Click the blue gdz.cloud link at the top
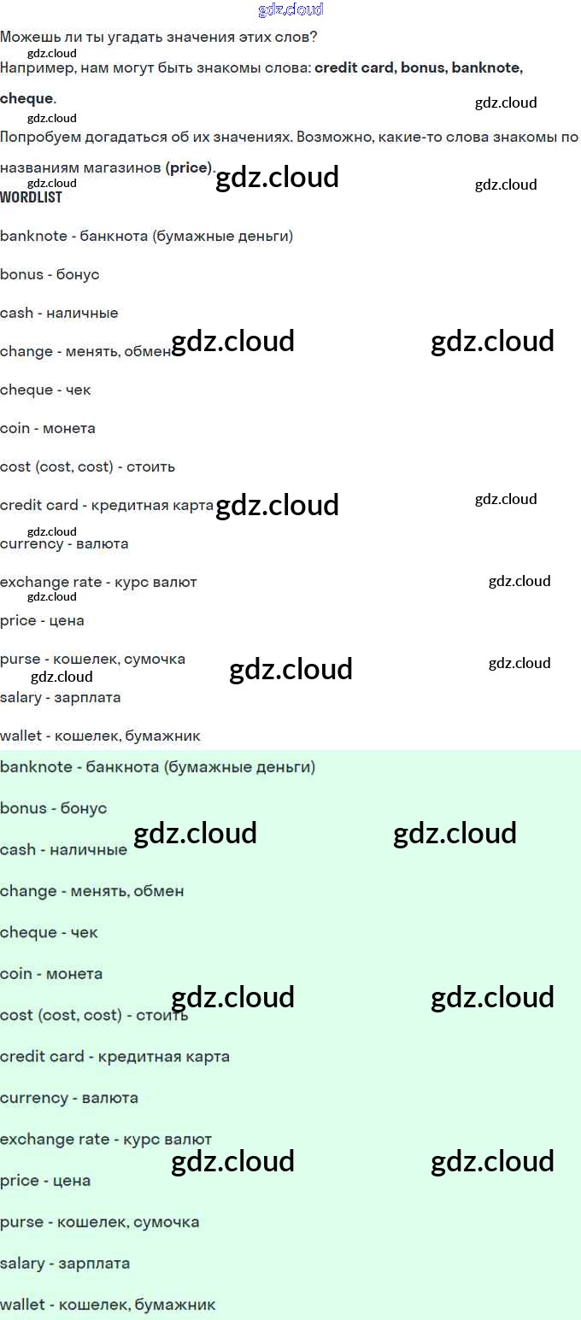[x=290, y=10]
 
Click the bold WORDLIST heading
[x=31, y=197]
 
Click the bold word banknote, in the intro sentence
[x=485, y=68]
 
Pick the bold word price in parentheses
[x=189, y=168]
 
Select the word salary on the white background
[x=21, y=698]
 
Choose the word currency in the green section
[x=33, y=1098]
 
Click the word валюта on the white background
[x=102, y=544]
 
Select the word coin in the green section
[x=15, y=974]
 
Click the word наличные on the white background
[x=82, y=314]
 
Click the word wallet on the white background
[x=21, y=736]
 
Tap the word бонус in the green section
[x=84, y=808]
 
